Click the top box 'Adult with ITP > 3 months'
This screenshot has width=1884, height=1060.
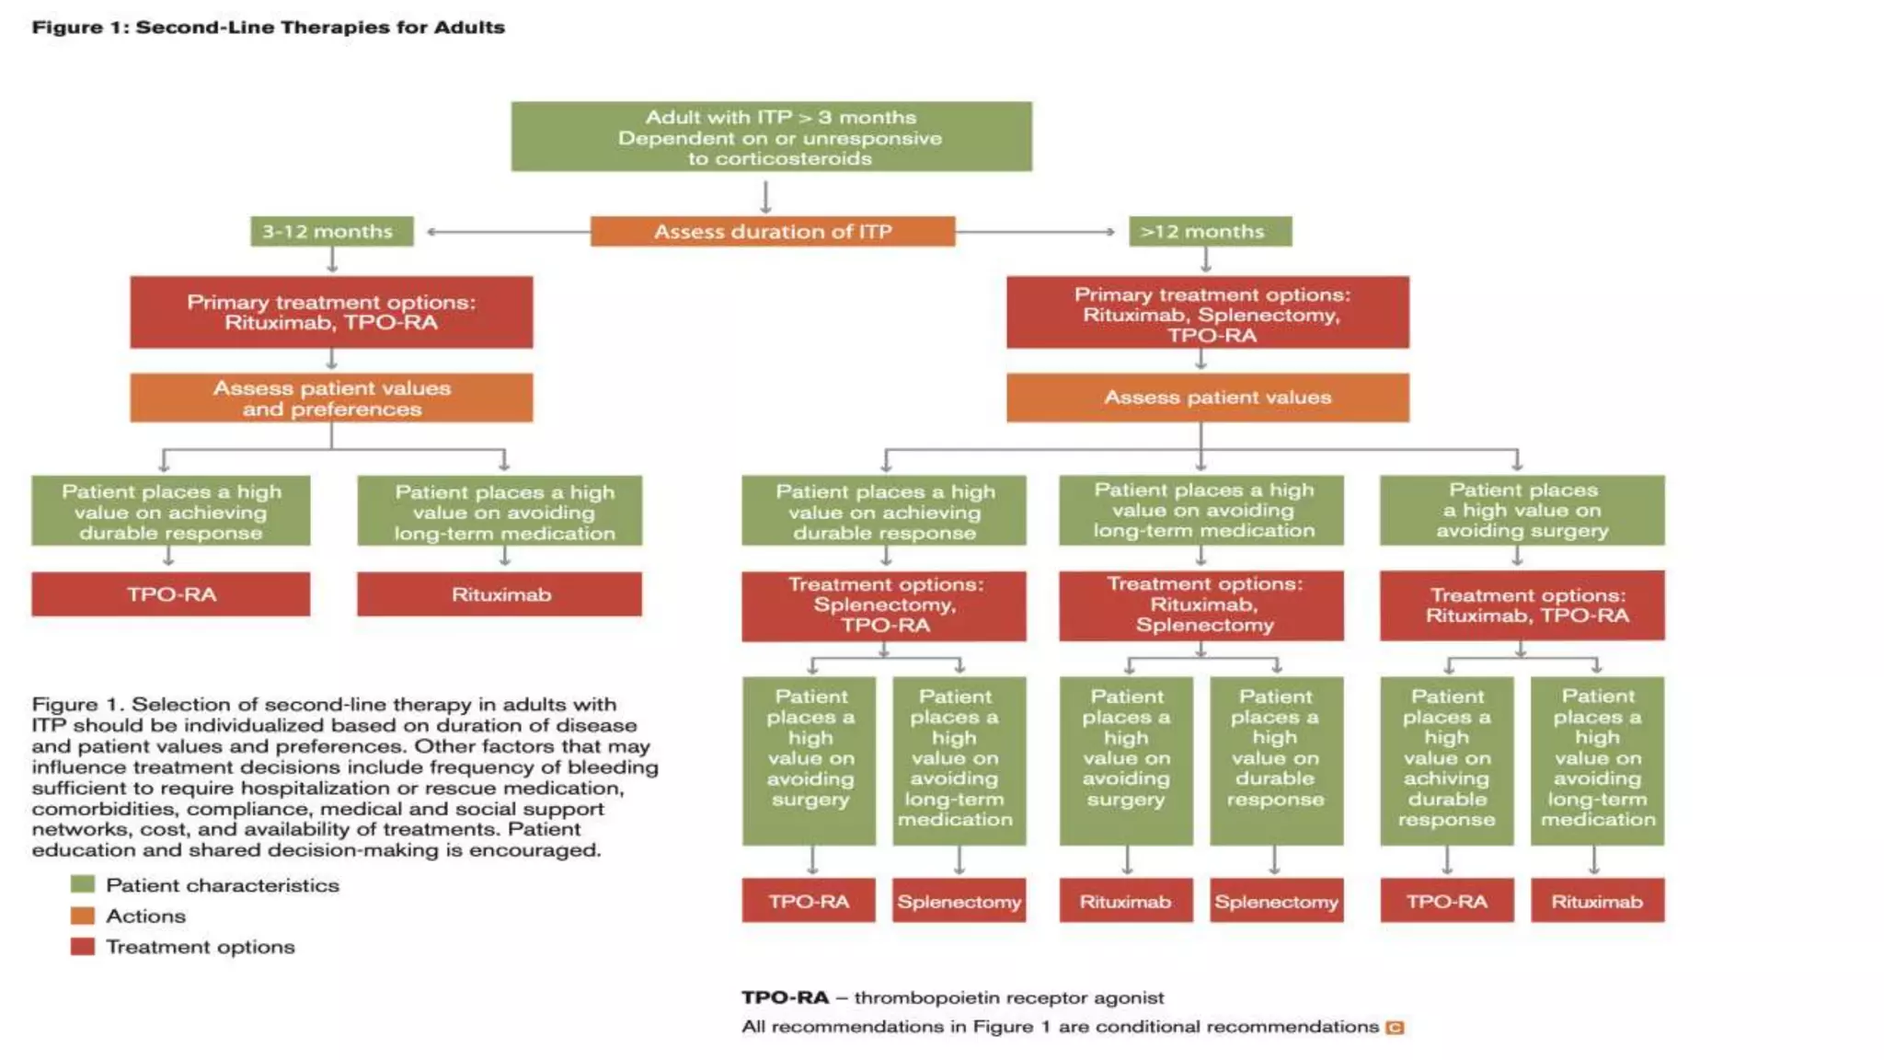[771, 136]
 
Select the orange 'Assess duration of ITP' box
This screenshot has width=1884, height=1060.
[772, 231]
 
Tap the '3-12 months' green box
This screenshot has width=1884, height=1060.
[331, 231]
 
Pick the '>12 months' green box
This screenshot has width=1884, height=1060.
[1210, 231]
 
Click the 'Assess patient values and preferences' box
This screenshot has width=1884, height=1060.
[331, 397]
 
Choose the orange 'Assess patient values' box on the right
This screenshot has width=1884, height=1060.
[1207, 397]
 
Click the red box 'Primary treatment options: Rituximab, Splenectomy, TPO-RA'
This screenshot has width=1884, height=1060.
[1207, 313]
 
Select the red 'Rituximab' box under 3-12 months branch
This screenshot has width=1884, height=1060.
[500, 594]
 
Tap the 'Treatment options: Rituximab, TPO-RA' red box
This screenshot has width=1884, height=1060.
[1522, 605]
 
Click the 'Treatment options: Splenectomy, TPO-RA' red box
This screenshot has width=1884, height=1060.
[884, 605]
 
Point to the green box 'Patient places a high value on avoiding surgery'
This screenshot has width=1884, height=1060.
[1522, 510]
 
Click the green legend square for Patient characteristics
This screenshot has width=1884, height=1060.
[83, 884]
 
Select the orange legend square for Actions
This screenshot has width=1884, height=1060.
[83, 916]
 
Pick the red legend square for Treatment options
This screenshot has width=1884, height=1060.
[83, 946]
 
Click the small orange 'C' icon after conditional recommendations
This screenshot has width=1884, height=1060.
[1395, 1027]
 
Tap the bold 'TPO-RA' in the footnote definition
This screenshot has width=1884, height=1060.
[785, 997]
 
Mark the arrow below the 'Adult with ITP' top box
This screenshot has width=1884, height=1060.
[765, 195]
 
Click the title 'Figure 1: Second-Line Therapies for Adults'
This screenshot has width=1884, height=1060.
[268, 27]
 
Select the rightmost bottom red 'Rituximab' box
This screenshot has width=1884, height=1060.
[1597, 901]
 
